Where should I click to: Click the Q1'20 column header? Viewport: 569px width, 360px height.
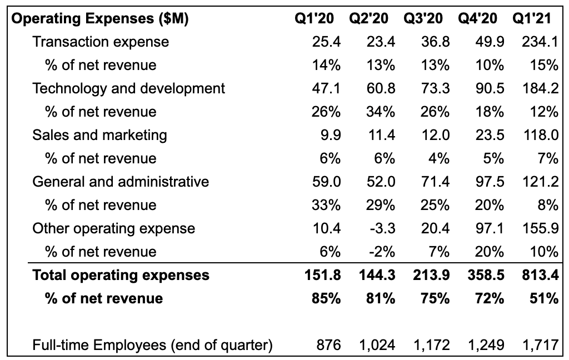pyautogui.click(x=315, y=18)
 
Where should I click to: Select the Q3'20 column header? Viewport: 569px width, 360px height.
pyautogui.click(x=423, y=18)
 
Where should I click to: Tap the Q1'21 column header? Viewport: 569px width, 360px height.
pyautogui.click(x=532, y=18)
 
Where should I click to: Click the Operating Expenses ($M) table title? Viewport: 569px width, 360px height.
pyautogui.click(x=100, y=18)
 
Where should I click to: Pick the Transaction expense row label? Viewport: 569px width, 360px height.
pyautogui.click(x=101, y=42)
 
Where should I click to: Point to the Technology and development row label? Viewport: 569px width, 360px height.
pyautogui.click(x=129, y=88)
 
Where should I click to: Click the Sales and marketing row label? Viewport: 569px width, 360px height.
pyautogui.click(x=100, y=135)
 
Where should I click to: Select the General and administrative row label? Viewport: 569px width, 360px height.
pyautogui.click(x=121, y=182)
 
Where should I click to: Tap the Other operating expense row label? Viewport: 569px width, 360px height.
pyautogui.click(x=113, y=229)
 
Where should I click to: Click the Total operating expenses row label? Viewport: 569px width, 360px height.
pyautogui.click(x=121, y=275)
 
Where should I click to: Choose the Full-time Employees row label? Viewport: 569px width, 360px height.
pyautogui.click(x=152, y=345)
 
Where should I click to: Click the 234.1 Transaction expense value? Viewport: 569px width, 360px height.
pyautogui.click(x=540, y=42)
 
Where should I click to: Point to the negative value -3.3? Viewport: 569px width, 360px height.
pyautogui.click(x=382, y=229)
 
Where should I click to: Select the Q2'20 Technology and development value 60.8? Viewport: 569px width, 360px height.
pyautogui.click(x=381, y=88)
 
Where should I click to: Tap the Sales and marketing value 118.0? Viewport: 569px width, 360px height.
pyautogui.click(x=541, y=135)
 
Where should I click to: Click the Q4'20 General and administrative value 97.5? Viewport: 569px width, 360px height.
pyautogui.click(x=490, y=182)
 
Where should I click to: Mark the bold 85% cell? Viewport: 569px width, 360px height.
pyautogui.click(x=326, y=298)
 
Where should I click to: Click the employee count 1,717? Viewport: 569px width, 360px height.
pyautogui.click(x=540, y=345)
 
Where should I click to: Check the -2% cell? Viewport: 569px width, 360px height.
pyautogui.click(x=382, y=252)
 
